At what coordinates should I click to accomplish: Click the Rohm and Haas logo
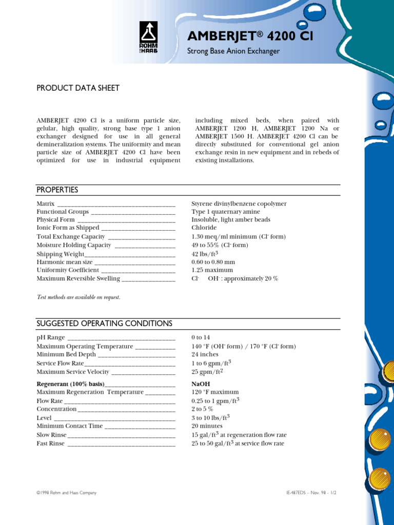pyautogui.click(x=148, y=37)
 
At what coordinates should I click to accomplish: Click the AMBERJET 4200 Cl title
pyautogui.click(x=250, y=36)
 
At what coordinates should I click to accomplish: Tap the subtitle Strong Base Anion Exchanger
pyautogui.click(x=233, y=51)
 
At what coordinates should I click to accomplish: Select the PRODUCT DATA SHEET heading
pyautogui.click(x=78, y=88)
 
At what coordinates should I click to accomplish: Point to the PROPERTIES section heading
pyautogui.click(x=57, y=190)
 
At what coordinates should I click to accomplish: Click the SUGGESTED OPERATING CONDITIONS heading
pyautogui.click(x=104, y=324)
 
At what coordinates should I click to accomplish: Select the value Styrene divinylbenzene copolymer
pyautogui.click(x=239, y=204)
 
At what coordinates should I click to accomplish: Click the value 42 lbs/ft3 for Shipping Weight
pyautogui.click(x=205, y=254)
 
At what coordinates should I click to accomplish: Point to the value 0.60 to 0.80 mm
pyautogui.click(x=213, y=262)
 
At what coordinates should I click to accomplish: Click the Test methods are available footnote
pyautogui.click(x=78, y=297)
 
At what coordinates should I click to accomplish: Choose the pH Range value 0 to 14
pyautogui.click(x=201, y=337)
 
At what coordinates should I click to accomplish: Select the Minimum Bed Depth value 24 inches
pyautogui.click(x=205, y=354)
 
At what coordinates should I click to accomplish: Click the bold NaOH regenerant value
pyautogui.click(x=201, y=384)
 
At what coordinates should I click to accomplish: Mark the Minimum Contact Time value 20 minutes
pyautogui.click(x=207, y=426)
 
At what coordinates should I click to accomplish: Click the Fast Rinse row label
pyautogui.click(x=51, y=443)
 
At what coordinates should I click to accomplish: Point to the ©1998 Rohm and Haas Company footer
pyautogui.click(x=67, y=493)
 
